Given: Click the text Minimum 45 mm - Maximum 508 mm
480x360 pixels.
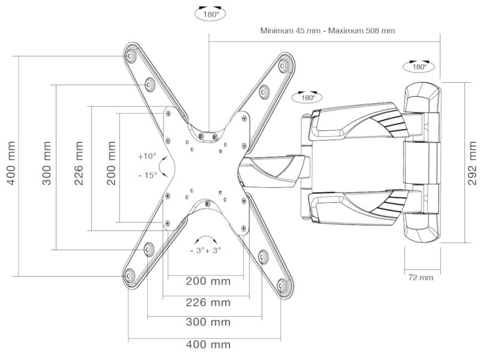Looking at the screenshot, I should [x=327, y=30].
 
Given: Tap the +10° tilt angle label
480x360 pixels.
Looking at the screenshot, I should [x=146, y=156].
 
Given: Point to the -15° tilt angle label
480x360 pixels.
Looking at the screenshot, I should [x=146, y=175].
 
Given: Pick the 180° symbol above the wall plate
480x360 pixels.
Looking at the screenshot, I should [x=418, y=66].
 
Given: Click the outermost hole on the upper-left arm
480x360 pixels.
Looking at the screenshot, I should [x=130, y=56].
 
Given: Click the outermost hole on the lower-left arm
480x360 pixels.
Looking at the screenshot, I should [x=128, y=276].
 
